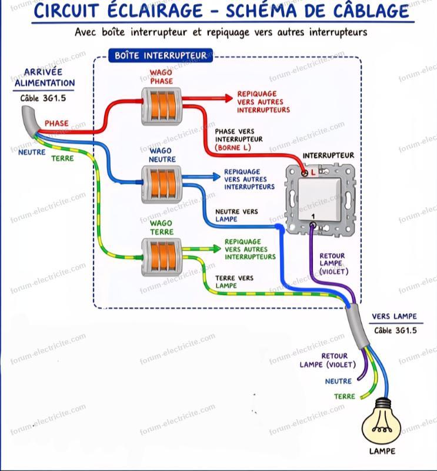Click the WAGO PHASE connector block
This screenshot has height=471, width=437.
[x=162, y=106]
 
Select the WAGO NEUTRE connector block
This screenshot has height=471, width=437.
[x=162, y=184]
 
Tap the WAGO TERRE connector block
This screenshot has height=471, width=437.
[x=162, y=257]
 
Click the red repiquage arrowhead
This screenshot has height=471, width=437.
[x=229, y=98]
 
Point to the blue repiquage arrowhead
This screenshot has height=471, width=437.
[x=216, y=177]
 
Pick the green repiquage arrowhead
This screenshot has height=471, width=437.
[x=216, y=248]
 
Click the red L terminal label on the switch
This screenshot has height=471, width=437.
[x=313, y=173]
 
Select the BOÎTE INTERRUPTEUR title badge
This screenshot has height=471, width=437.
[x=161, y=55]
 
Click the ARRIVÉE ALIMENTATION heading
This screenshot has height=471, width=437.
[x=45, y=78]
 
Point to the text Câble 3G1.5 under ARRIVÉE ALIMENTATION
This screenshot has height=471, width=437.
[x=43, y=98]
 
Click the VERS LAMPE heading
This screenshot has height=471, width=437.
[x=395, y=316]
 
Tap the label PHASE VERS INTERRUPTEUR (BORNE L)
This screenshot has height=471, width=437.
[x=239, y=140]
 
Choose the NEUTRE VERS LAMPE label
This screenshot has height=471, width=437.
[x=236, y=215]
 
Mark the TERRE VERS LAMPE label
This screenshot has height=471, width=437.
[x=234, y=282]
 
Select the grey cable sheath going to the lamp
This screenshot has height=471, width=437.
[x=356, y=326]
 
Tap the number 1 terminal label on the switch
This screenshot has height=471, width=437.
[x=313, y=217]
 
